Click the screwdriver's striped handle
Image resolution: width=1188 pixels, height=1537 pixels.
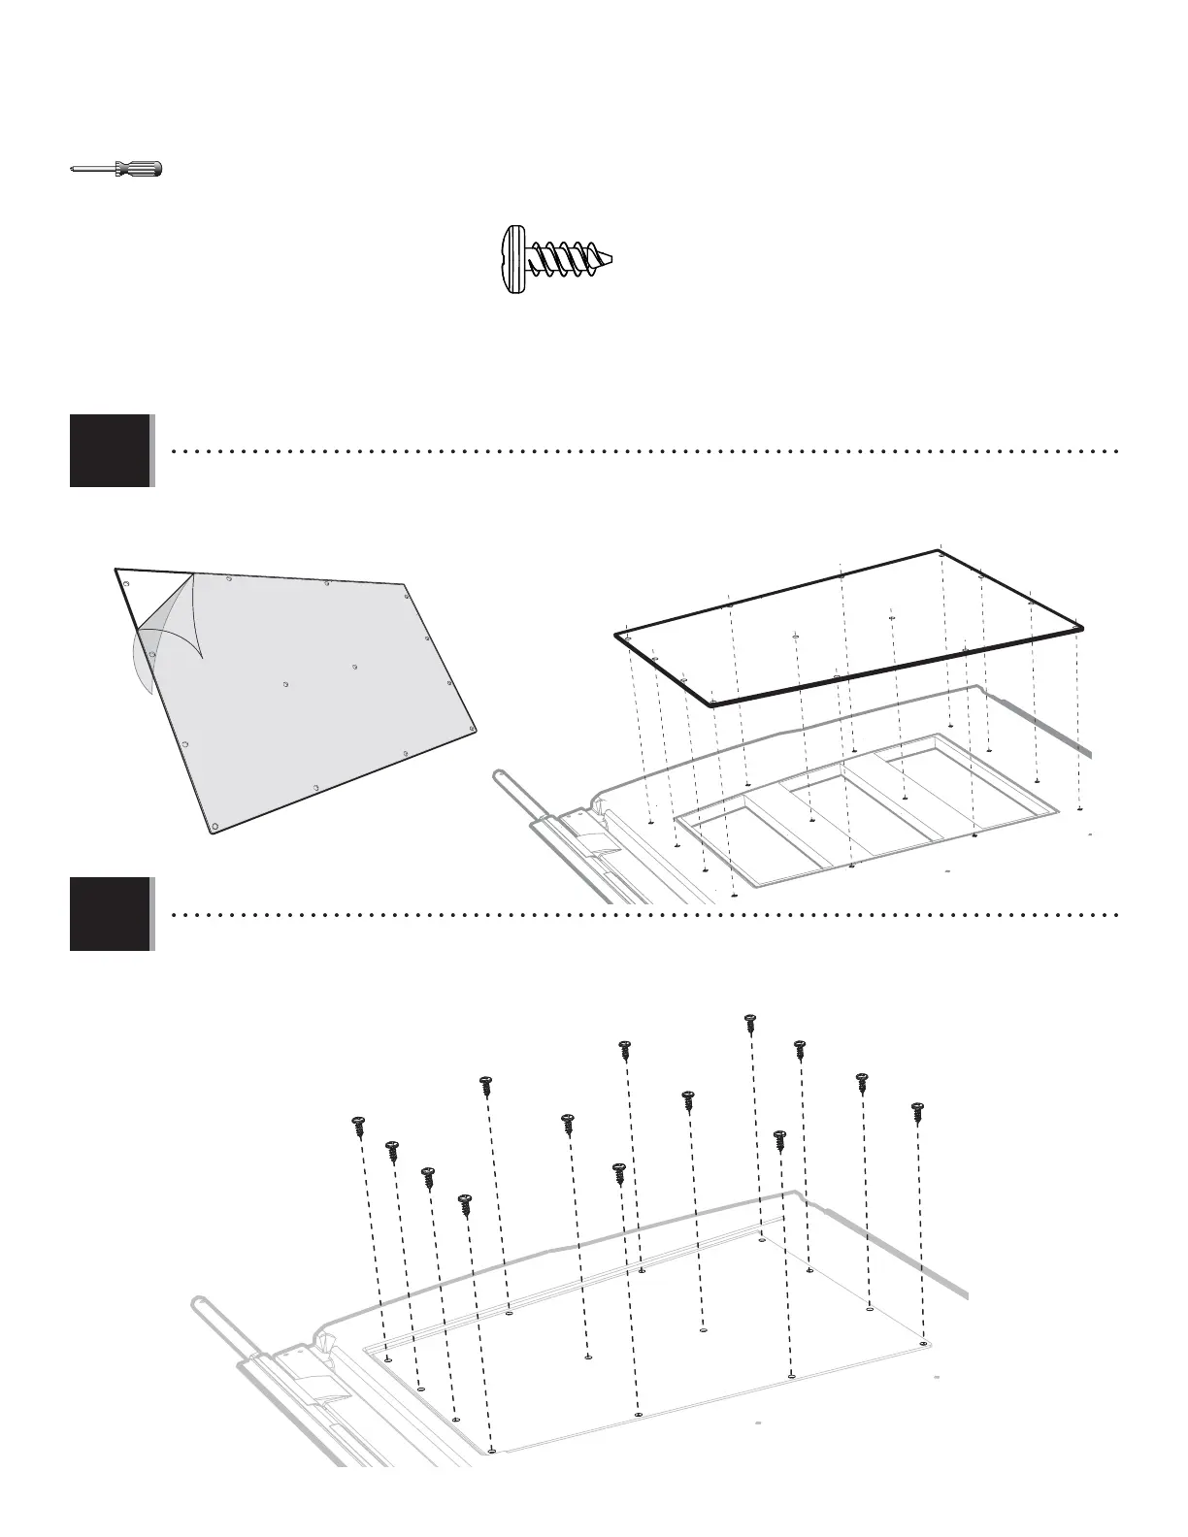pos(138,169)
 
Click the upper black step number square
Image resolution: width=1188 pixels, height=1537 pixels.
pos(111,450)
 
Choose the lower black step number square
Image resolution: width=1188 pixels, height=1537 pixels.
pos(111,913)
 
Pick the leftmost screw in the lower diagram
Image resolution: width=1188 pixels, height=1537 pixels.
pos(358,1127)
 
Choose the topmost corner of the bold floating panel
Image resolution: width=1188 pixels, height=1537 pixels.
pos(941,551)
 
